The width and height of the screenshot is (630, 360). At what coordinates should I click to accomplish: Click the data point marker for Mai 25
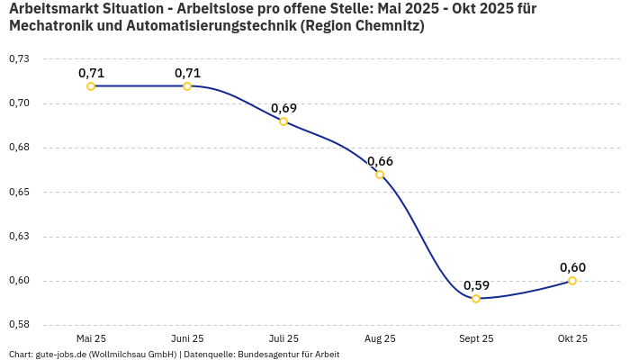(x=91, y=86)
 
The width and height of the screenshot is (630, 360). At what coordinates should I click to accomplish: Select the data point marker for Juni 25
(x=187, y=86)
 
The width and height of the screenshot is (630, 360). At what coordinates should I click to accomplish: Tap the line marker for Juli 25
(x=283, y=121)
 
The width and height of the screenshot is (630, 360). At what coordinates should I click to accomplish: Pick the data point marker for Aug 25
(x=380, y=175)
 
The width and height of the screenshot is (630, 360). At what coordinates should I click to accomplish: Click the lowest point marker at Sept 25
(x=476, y=299)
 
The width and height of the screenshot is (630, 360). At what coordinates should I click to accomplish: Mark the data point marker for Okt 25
(x=572, y=281)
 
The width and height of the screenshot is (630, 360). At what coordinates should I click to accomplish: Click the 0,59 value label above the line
(x=476, y=285)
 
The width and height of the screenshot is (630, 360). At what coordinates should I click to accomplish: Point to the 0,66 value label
(x=380, y=161)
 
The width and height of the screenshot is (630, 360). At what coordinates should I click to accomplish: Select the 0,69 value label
(x=283, y=108)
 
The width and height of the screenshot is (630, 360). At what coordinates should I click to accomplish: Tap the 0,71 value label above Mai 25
(x=91, y=73)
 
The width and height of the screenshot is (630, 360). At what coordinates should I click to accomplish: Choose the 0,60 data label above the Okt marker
(x=572, y=267)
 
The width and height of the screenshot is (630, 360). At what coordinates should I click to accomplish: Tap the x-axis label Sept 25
(x=476, y=338)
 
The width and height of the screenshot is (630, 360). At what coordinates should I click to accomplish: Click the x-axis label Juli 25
(x=283, y=338)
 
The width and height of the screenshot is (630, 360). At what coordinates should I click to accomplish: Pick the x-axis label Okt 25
(x=572, y=338)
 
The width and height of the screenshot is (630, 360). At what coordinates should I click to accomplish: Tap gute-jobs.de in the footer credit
(x=60, y=355)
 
